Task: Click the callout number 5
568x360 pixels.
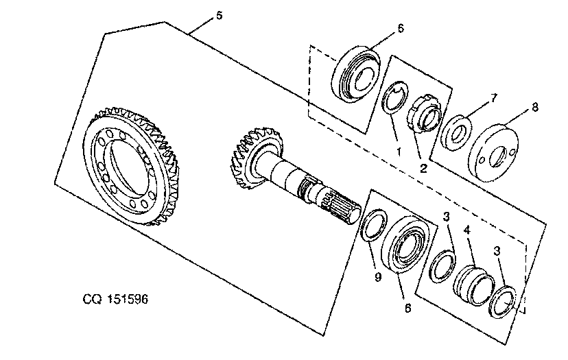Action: click(x=219, y=16)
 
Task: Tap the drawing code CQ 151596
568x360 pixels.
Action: click(x=115, y=299)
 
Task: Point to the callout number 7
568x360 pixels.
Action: click(x=493, y=98)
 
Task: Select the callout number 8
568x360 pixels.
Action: click(x=534, y=108)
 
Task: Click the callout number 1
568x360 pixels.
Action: click(x=399, y=152)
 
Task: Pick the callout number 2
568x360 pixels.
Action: click(x=423, y=168)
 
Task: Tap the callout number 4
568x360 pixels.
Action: click(x=467, y=230)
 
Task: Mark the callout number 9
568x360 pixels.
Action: click(x=378, y=277)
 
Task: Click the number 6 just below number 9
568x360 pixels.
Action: click(x=408, y=308)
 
